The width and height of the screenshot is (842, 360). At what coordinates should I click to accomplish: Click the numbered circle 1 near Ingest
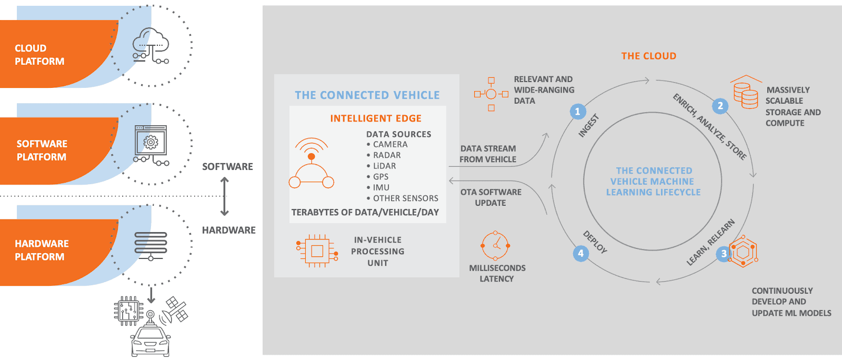tap(577, 112)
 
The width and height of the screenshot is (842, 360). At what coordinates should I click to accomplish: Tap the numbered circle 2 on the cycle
tap(720, 106)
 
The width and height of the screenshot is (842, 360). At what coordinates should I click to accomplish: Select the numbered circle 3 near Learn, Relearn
tap(724, 254)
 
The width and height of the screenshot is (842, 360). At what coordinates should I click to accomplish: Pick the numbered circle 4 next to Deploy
tap(580, 253)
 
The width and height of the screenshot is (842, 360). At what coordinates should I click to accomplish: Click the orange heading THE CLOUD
tap(648, 56)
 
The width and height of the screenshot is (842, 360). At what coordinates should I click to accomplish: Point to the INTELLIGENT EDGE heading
tap(376, 118)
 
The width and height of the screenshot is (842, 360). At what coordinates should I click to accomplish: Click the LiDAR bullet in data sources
tap(384, 166)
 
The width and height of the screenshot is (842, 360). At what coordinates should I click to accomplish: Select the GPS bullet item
tap(380, 177)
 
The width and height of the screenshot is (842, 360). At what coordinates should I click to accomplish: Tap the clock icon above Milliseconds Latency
tap(495, 245)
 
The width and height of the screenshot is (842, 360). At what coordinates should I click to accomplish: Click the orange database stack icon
tap(746, 93)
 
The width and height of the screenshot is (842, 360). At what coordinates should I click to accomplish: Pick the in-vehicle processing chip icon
tap(317, 251)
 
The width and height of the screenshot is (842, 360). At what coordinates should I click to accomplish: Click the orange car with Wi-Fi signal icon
tap(312, 164)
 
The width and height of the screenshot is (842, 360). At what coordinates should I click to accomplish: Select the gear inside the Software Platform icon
tap(151, 142)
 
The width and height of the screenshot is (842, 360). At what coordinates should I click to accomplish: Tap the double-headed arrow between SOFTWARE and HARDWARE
tap(225, 197)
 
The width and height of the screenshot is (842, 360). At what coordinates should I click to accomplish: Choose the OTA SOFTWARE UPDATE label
tap(490, 197)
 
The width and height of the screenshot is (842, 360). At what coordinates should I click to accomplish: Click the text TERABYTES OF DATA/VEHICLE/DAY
tap(365, 212)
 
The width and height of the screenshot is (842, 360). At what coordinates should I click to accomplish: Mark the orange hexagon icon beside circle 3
tap(744, 252)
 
